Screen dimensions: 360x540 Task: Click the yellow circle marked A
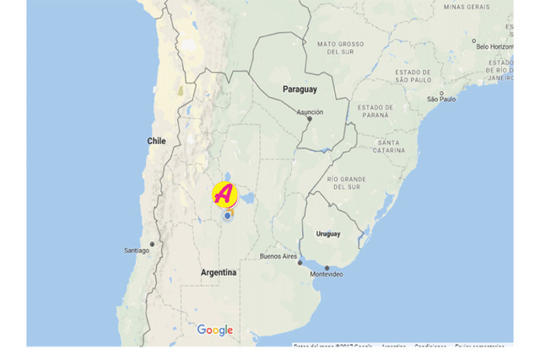[x=224, y=194]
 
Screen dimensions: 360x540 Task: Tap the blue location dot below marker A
[x=227, y=216]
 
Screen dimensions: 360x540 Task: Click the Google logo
[x=215, y=330]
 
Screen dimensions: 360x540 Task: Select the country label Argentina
[x=219, y=272]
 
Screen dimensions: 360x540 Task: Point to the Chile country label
[x=157, y=142]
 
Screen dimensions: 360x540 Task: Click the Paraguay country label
[x=300, y=89]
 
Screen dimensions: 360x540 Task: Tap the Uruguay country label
[x=328, y=234]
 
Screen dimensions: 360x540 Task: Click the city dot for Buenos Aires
[x=300, y=262]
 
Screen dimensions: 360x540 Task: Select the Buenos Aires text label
[x=278, y=255]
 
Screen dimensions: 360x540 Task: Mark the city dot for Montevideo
[x=327, y=268]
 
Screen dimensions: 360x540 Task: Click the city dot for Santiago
[x=152, y=244]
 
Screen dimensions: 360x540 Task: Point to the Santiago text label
[x=137, y=250]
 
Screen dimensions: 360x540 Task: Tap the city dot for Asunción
[x=309, y=119]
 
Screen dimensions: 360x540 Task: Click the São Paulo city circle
[x=440, y=93]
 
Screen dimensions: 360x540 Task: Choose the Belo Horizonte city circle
[x=473, y=40]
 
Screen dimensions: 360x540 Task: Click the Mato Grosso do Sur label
[x=340, y=47]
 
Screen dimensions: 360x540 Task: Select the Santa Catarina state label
[x=389, y=147]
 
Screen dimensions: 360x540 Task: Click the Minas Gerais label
[x=466, y=7]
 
